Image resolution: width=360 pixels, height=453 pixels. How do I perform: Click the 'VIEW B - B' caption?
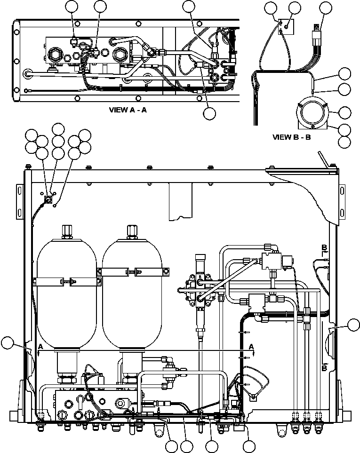point(292,137)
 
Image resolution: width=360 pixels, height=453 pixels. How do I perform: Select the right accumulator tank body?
point(131,306)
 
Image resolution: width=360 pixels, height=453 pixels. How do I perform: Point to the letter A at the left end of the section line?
point(41,346)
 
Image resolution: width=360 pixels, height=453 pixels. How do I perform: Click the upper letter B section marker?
point(324,247)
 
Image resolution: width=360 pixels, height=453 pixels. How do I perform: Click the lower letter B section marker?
point(324,367)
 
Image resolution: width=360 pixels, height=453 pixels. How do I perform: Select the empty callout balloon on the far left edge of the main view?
point(8,343)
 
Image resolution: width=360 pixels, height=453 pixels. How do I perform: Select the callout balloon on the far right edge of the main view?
point(353,324)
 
